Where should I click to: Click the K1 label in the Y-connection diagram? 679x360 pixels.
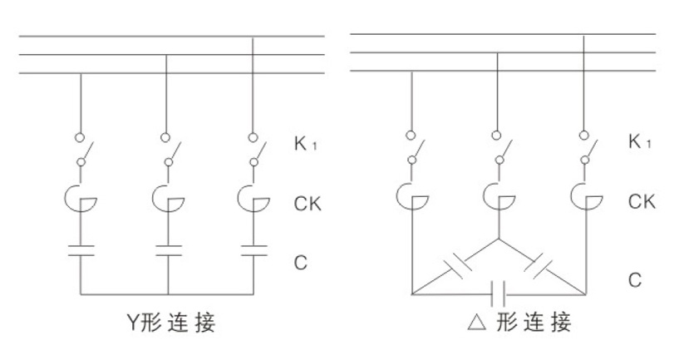tap(305, 143)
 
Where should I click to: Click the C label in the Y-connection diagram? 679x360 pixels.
tap(301, 263)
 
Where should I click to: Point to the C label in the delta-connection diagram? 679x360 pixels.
tap(634, 280)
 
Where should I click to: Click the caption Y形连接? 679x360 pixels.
tap(170, 322)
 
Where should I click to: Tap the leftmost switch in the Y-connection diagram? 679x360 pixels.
tap(82, 153)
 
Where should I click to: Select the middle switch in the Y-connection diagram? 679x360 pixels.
tap(169, 153)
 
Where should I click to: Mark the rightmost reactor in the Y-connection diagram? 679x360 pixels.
tap(253, 199)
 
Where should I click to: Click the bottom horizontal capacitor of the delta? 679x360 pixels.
tap(499, 293)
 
